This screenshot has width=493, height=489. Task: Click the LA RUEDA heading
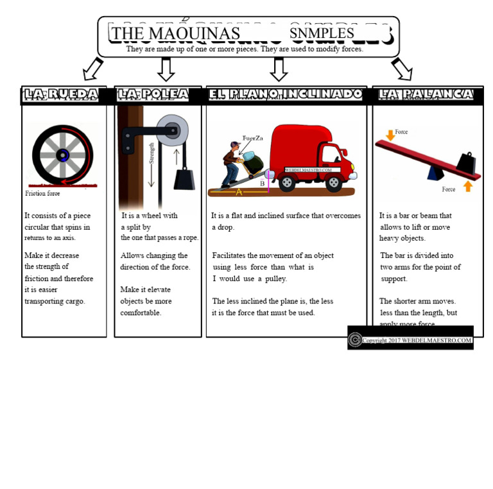62,95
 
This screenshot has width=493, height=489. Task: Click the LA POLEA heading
153,95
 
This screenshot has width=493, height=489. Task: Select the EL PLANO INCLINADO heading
286,95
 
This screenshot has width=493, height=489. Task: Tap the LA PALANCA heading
426,95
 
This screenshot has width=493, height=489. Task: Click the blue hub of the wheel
62,155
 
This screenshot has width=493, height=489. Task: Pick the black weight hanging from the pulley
184,177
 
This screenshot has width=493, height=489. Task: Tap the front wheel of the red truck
333,184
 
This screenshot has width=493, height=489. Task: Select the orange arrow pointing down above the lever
390,135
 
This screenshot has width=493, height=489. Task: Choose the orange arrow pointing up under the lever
468,186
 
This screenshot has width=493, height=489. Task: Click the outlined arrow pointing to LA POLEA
166,69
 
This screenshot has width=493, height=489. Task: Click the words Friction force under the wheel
42,193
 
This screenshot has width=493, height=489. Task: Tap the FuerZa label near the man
252,138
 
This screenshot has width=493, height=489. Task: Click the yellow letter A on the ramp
239,191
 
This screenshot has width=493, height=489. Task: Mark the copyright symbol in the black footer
355,339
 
